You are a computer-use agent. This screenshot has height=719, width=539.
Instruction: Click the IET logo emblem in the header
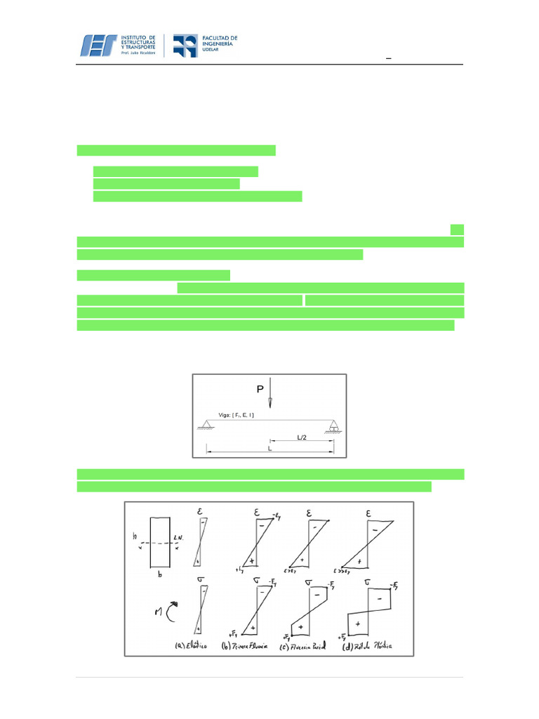tap(100, 45)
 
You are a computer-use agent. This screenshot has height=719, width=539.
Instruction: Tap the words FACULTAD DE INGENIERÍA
tap(219, 41)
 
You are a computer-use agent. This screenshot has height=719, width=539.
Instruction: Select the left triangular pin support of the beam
tap(207, 423)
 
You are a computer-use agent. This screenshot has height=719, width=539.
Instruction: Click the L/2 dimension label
tap(302, 437)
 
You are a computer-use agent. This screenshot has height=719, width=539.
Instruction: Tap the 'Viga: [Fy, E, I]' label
tap(226, 416)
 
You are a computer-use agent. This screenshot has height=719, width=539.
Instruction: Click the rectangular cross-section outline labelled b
tap(161, 541)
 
